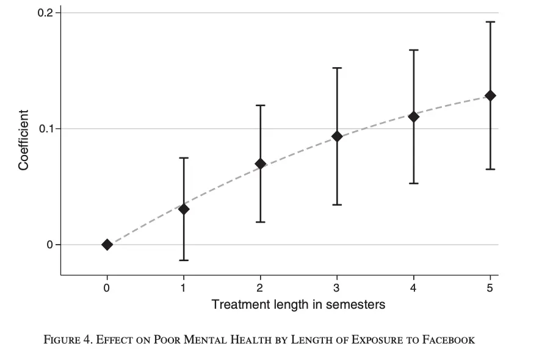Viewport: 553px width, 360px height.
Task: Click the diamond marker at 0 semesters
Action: click(107, 245)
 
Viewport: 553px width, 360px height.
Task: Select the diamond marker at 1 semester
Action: click(183, 209)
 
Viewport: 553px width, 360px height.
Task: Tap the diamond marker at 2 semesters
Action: click(260, 164)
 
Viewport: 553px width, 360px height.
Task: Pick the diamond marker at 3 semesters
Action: click(336, 136)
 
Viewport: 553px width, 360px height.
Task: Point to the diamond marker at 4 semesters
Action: click(413, 117)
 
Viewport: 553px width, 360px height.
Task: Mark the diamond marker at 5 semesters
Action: click(490, 96)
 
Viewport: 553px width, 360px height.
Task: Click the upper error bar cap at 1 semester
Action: click(183, 158)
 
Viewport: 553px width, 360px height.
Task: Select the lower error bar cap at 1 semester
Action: click(183, 261)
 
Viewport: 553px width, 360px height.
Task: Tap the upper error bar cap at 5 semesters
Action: click(490, 22)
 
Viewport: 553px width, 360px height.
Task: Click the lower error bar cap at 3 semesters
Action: click(336, 204)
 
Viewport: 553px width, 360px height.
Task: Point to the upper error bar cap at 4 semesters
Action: click(413, 50)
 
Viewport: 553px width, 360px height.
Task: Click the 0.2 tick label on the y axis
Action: click(46, 13)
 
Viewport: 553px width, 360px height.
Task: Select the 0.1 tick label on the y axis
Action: click(46, 129)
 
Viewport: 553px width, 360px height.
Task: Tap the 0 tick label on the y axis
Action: click(50, 245)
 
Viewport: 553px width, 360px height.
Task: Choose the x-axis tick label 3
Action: click(336, 288)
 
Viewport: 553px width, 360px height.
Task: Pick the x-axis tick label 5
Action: click(490, 288)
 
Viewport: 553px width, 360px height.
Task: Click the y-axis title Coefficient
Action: click(23, 140)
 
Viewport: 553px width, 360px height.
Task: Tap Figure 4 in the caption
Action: click(67, 340)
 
